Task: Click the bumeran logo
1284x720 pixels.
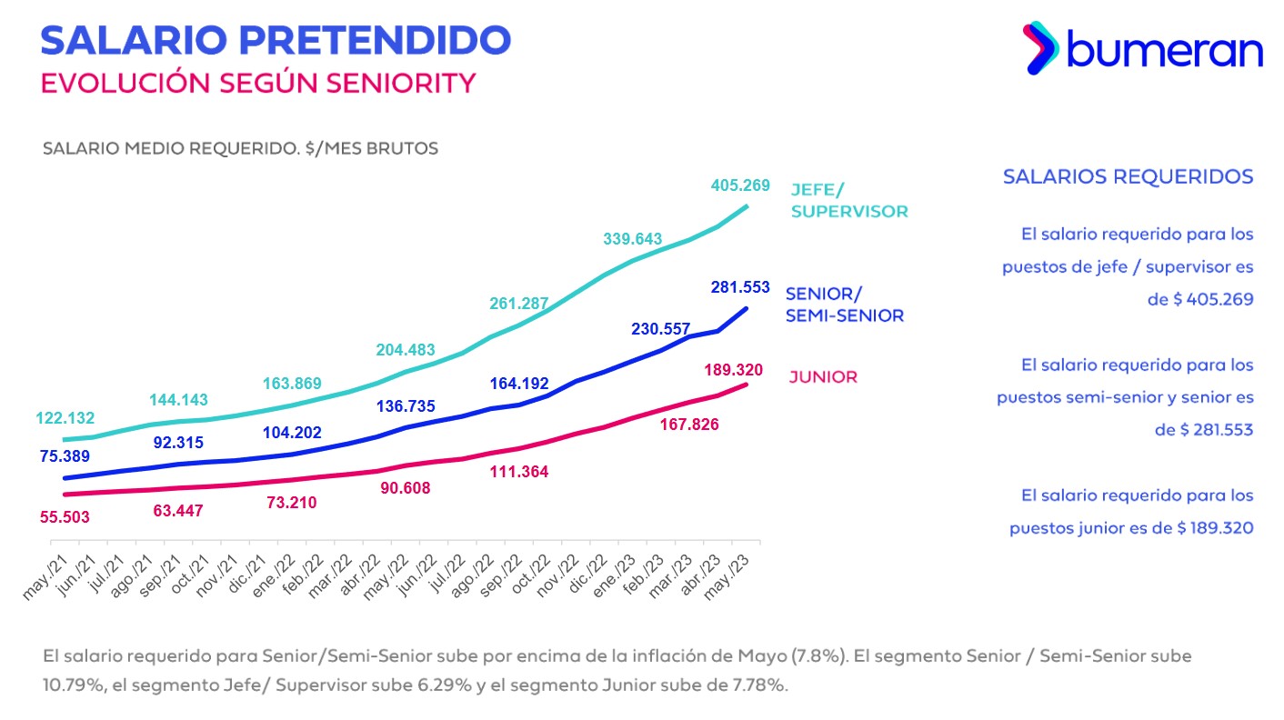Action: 1143,49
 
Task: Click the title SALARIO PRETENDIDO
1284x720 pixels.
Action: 276,40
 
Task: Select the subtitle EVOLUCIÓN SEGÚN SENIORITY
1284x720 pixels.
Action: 258,83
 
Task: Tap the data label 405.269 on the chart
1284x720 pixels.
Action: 739,185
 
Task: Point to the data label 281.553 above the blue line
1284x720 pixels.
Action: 740,288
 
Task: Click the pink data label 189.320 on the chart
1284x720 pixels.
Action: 732,370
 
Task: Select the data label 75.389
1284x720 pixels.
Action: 66,456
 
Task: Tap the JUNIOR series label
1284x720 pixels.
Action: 822,377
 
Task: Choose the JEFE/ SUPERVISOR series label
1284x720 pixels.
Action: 848,200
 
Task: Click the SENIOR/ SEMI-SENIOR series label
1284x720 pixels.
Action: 844,305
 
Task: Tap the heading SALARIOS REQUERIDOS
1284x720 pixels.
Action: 1128,176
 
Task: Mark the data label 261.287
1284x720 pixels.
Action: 520,304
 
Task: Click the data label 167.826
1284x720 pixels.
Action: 688,425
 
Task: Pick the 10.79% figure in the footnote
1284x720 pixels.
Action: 70,685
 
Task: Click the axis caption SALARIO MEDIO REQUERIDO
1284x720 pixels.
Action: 171,148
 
